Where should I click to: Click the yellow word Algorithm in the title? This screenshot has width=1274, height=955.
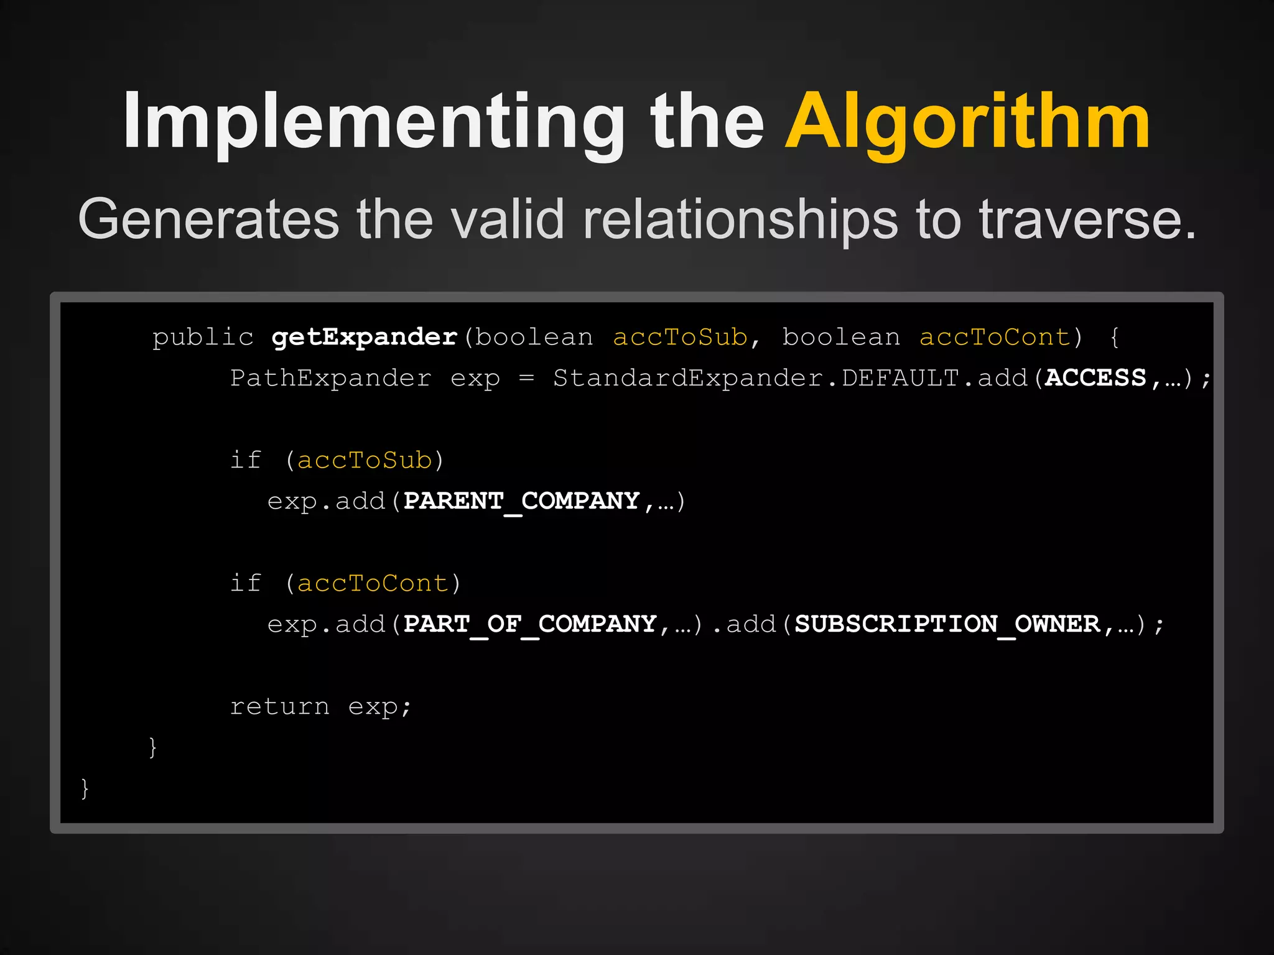click(967, 122)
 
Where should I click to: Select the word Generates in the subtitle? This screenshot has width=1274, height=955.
click(208, 219)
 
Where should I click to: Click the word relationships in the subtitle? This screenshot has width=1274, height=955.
click(740, 219)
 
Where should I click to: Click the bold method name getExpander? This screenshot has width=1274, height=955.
click(365, 338)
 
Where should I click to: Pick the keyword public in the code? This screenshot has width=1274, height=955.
click(203, 338)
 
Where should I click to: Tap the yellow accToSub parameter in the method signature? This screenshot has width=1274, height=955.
click(680, 338)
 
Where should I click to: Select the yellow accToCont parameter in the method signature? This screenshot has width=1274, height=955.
click(995, 338)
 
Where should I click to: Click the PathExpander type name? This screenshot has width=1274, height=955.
click(330, 378)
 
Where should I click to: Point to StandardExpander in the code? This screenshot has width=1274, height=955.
click(688, 378)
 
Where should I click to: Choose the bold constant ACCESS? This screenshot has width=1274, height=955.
click(1095, 378)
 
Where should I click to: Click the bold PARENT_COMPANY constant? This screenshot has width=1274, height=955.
click(521, 501)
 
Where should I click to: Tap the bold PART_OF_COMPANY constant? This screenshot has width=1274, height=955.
click(530, 624)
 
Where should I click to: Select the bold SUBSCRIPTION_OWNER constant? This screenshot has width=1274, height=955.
click(947, 624)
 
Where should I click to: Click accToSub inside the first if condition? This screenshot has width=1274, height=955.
click(365, 461)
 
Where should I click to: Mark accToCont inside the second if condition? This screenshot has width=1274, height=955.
click(373, 584)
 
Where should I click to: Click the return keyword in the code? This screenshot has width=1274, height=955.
click(279, 706)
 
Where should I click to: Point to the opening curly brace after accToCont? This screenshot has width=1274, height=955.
click(1115, 338)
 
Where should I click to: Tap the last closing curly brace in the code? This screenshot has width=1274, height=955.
click(85, 788)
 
